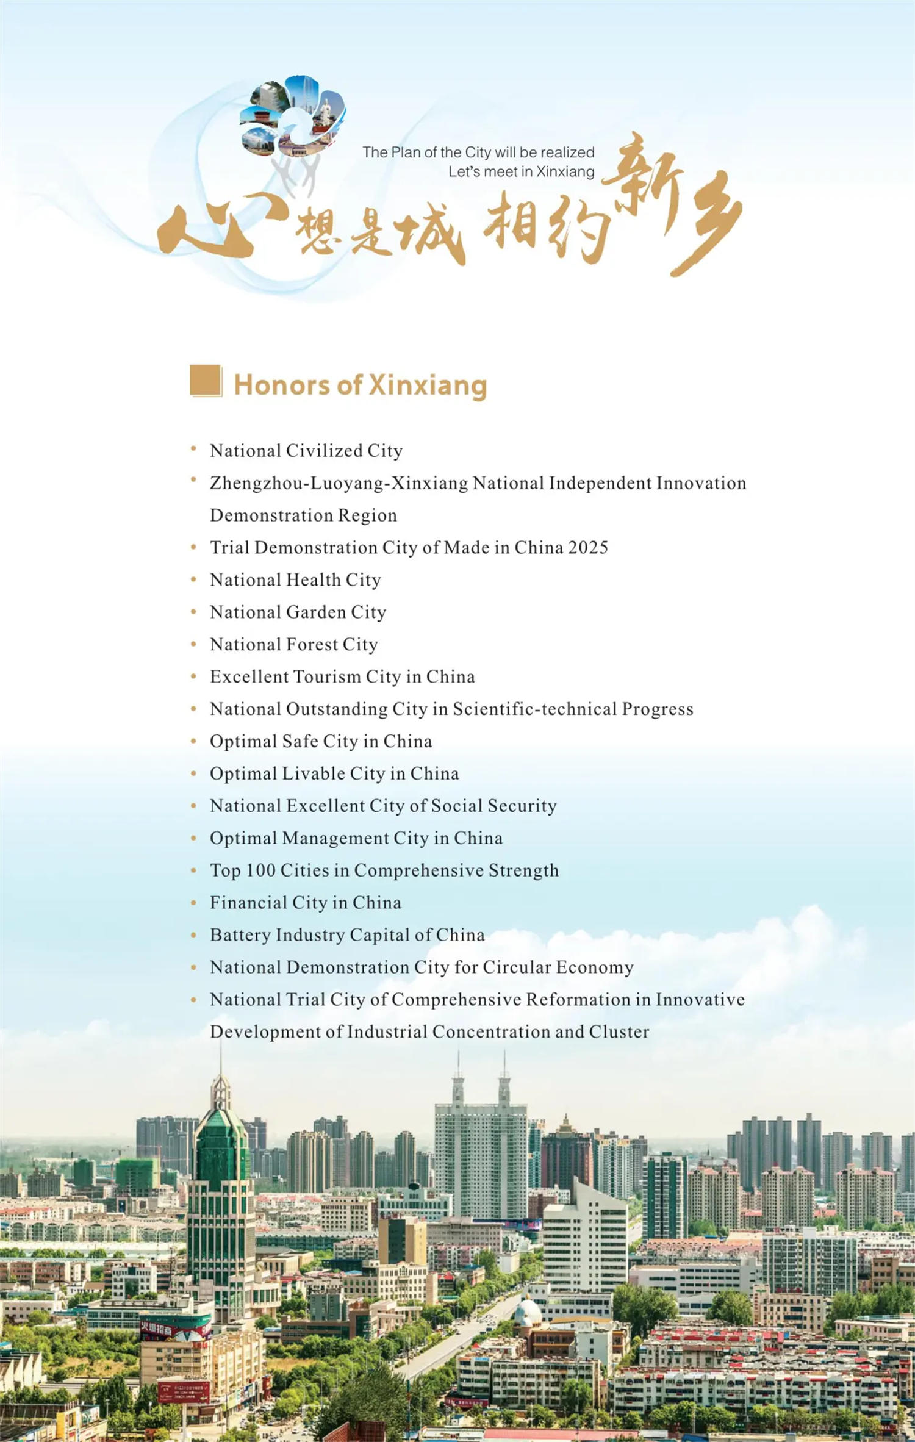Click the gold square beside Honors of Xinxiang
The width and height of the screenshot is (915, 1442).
(x=206, y=381)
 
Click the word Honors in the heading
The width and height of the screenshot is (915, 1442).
(x=282, y=385)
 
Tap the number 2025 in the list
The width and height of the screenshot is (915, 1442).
(x=588, y=547)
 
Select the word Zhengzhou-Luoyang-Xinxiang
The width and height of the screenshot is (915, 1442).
(x=339, y=483)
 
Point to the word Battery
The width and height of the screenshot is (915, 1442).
(x=240, y=935)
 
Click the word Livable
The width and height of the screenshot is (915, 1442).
(x=313, y=773)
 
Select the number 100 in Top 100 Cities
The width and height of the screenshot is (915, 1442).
(x=260, y=870)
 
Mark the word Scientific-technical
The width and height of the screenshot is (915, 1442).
(x=534, y=709)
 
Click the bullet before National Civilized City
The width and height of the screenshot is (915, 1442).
(x=193, y=449)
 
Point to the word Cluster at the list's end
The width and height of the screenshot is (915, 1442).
(x=619, y=1032)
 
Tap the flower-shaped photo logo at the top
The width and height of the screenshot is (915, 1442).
(x=293, y=116)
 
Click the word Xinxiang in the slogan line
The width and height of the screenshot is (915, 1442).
(x=565, y=171)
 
